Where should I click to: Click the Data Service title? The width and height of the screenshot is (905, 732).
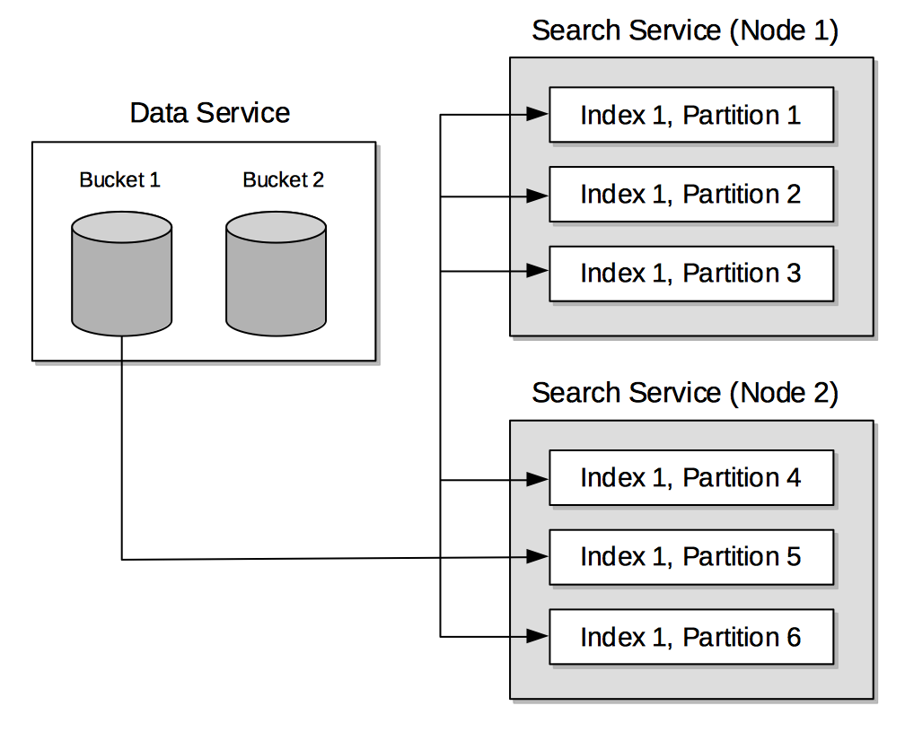tap(210, 113)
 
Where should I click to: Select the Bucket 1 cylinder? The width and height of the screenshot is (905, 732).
tap(121, 274)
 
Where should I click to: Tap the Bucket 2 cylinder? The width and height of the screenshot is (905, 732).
tap(276, 274)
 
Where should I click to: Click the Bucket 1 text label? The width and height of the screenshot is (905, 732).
tap(119, 179)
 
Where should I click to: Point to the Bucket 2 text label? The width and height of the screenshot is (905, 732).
tap(283, 179)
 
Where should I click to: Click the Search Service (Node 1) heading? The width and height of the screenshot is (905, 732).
tap(685, 30)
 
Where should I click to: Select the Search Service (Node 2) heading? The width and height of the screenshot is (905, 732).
tap(685, 393)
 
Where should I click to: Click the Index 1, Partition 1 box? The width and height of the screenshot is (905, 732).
tap(690, 115)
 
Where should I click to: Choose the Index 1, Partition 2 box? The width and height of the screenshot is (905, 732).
tap(690, 194)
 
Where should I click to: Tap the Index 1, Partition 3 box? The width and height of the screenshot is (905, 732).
tap(690, 273)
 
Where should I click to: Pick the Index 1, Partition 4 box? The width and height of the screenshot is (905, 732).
tap(690, 477)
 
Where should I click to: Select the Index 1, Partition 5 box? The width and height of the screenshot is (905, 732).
tap(690, 556)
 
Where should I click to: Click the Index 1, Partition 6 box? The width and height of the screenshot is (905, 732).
tap(690, 637)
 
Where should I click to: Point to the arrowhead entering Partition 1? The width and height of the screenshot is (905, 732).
tap(538, 114)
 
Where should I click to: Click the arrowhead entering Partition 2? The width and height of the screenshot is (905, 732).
tap(538, 195)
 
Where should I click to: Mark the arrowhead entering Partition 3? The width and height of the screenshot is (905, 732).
tap(538, 270)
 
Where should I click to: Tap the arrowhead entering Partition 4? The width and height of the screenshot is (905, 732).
tap(538, 480)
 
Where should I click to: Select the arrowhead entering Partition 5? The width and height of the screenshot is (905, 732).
tap(538, 556)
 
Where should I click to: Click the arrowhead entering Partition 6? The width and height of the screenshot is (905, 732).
tap(538, 636)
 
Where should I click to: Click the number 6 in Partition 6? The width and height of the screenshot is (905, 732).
tap(793, 637)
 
